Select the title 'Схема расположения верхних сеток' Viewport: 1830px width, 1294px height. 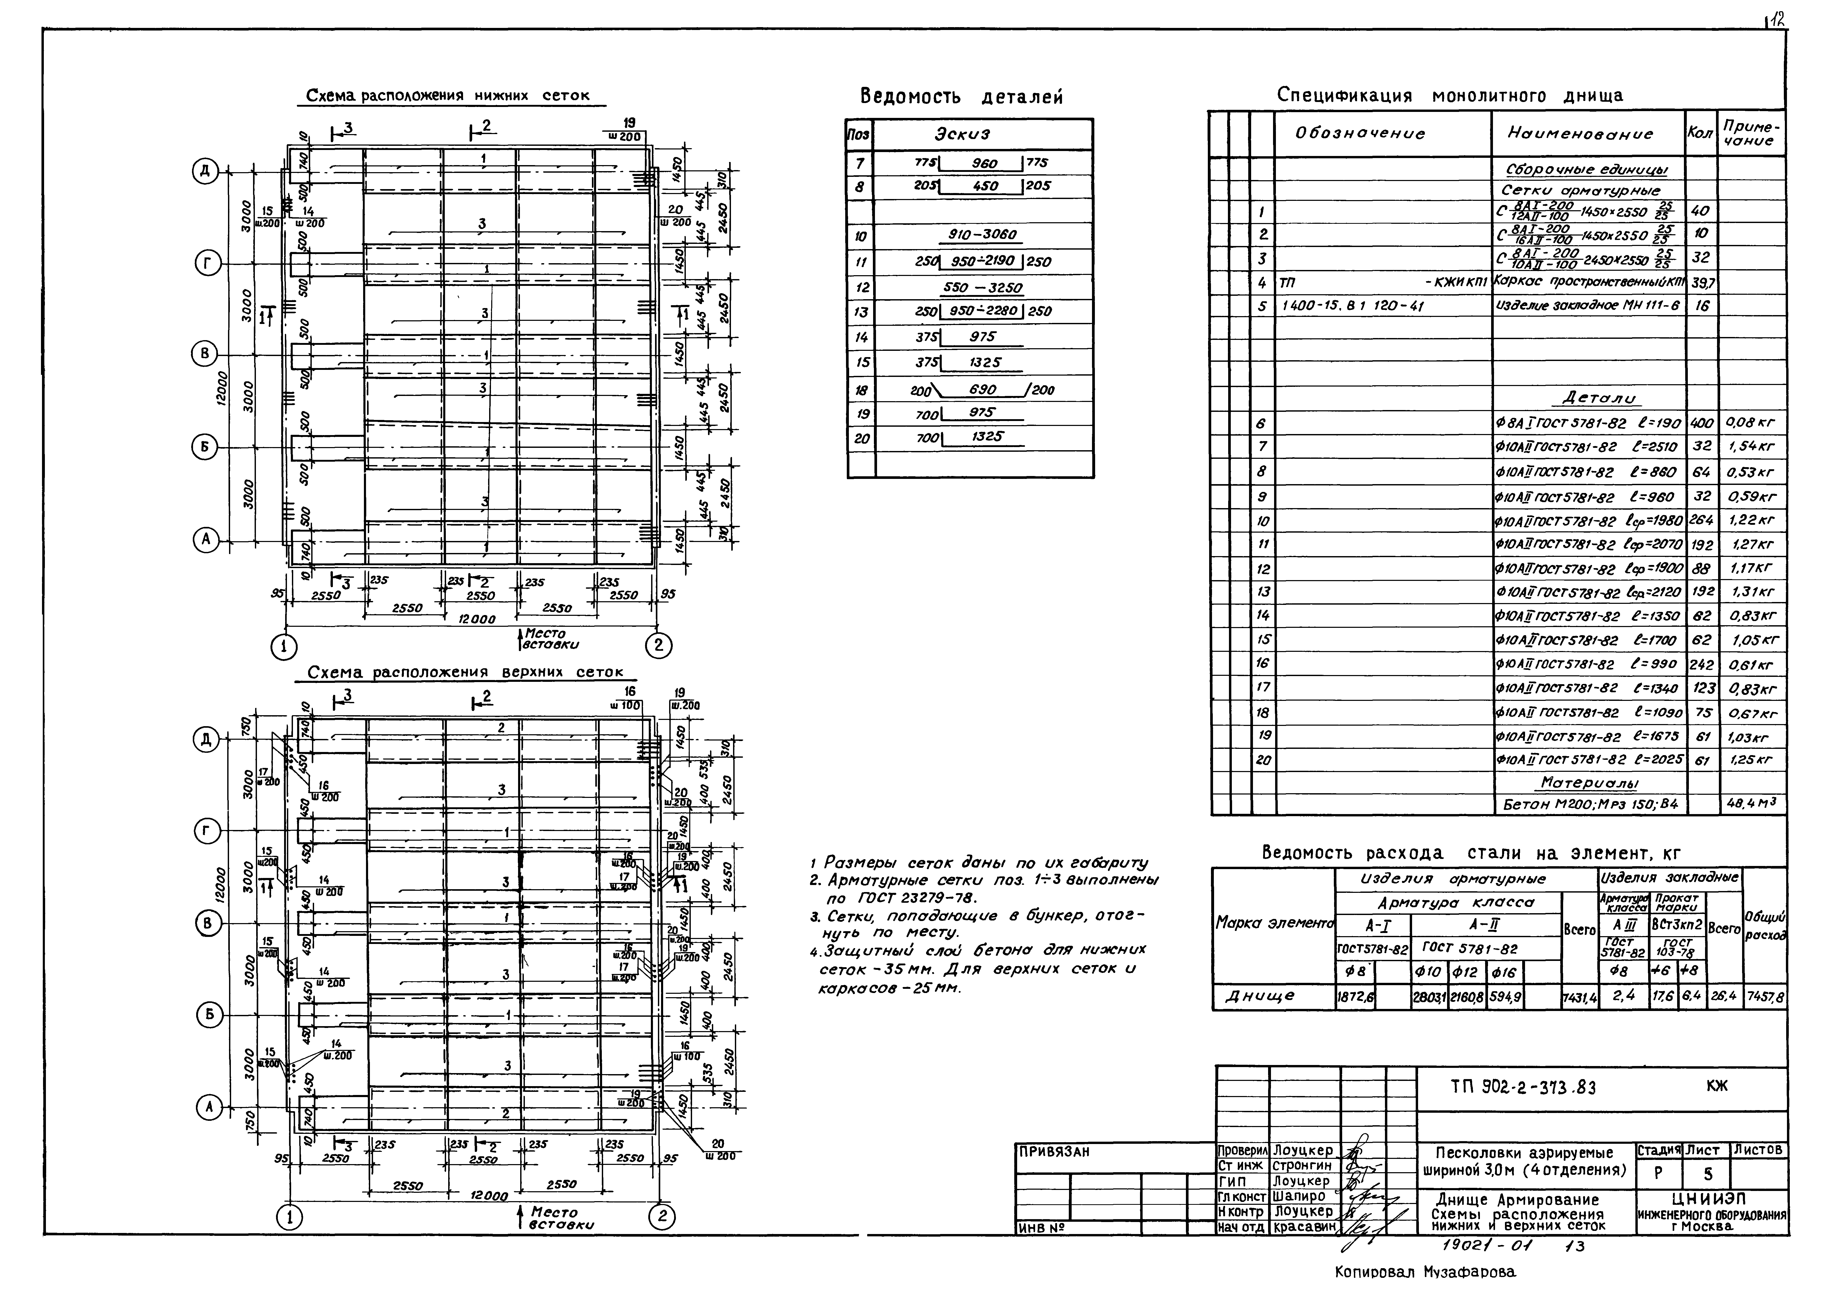point(465,672)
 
